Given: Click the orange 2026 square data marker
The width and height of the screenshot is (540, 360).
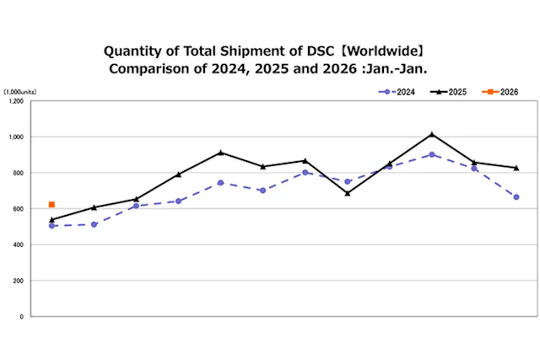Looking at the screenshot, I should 51,204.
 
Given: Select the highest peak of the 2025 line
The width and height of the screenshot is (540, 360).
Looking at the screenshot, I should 432,134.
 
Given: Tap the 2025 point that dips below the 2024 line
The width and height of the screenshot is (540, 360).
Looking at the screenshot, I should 348,193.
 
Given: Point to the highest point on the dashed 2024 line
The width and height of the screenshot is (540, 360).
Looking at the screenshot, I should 432,154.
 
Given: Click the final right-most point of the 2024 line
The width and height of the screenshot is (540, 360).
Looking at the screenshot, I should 516,197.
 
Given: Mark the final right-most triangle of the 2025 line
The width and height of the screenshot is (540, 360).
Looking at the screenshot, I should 516,168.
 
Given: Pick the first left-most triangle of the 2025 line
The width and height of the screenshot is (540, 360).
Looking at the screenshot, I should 51,219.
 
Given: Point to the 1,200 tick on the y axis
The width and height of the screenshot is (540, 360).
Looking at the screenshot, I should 16,101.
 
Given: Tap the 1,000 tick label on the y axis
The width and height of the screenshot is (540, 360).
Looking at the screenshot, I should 16,137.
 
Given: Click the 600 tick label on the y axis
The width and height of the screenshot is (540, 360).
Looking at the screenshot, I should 19,208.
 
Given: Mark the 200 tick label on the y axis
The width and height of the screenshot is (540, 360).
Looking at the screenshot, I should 19,281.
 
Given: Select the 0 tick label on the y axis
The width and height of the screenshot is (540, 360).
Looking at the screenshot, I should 24,316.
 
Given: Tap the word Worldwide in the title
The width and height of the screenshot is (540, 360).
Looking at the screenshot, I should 387,51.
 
